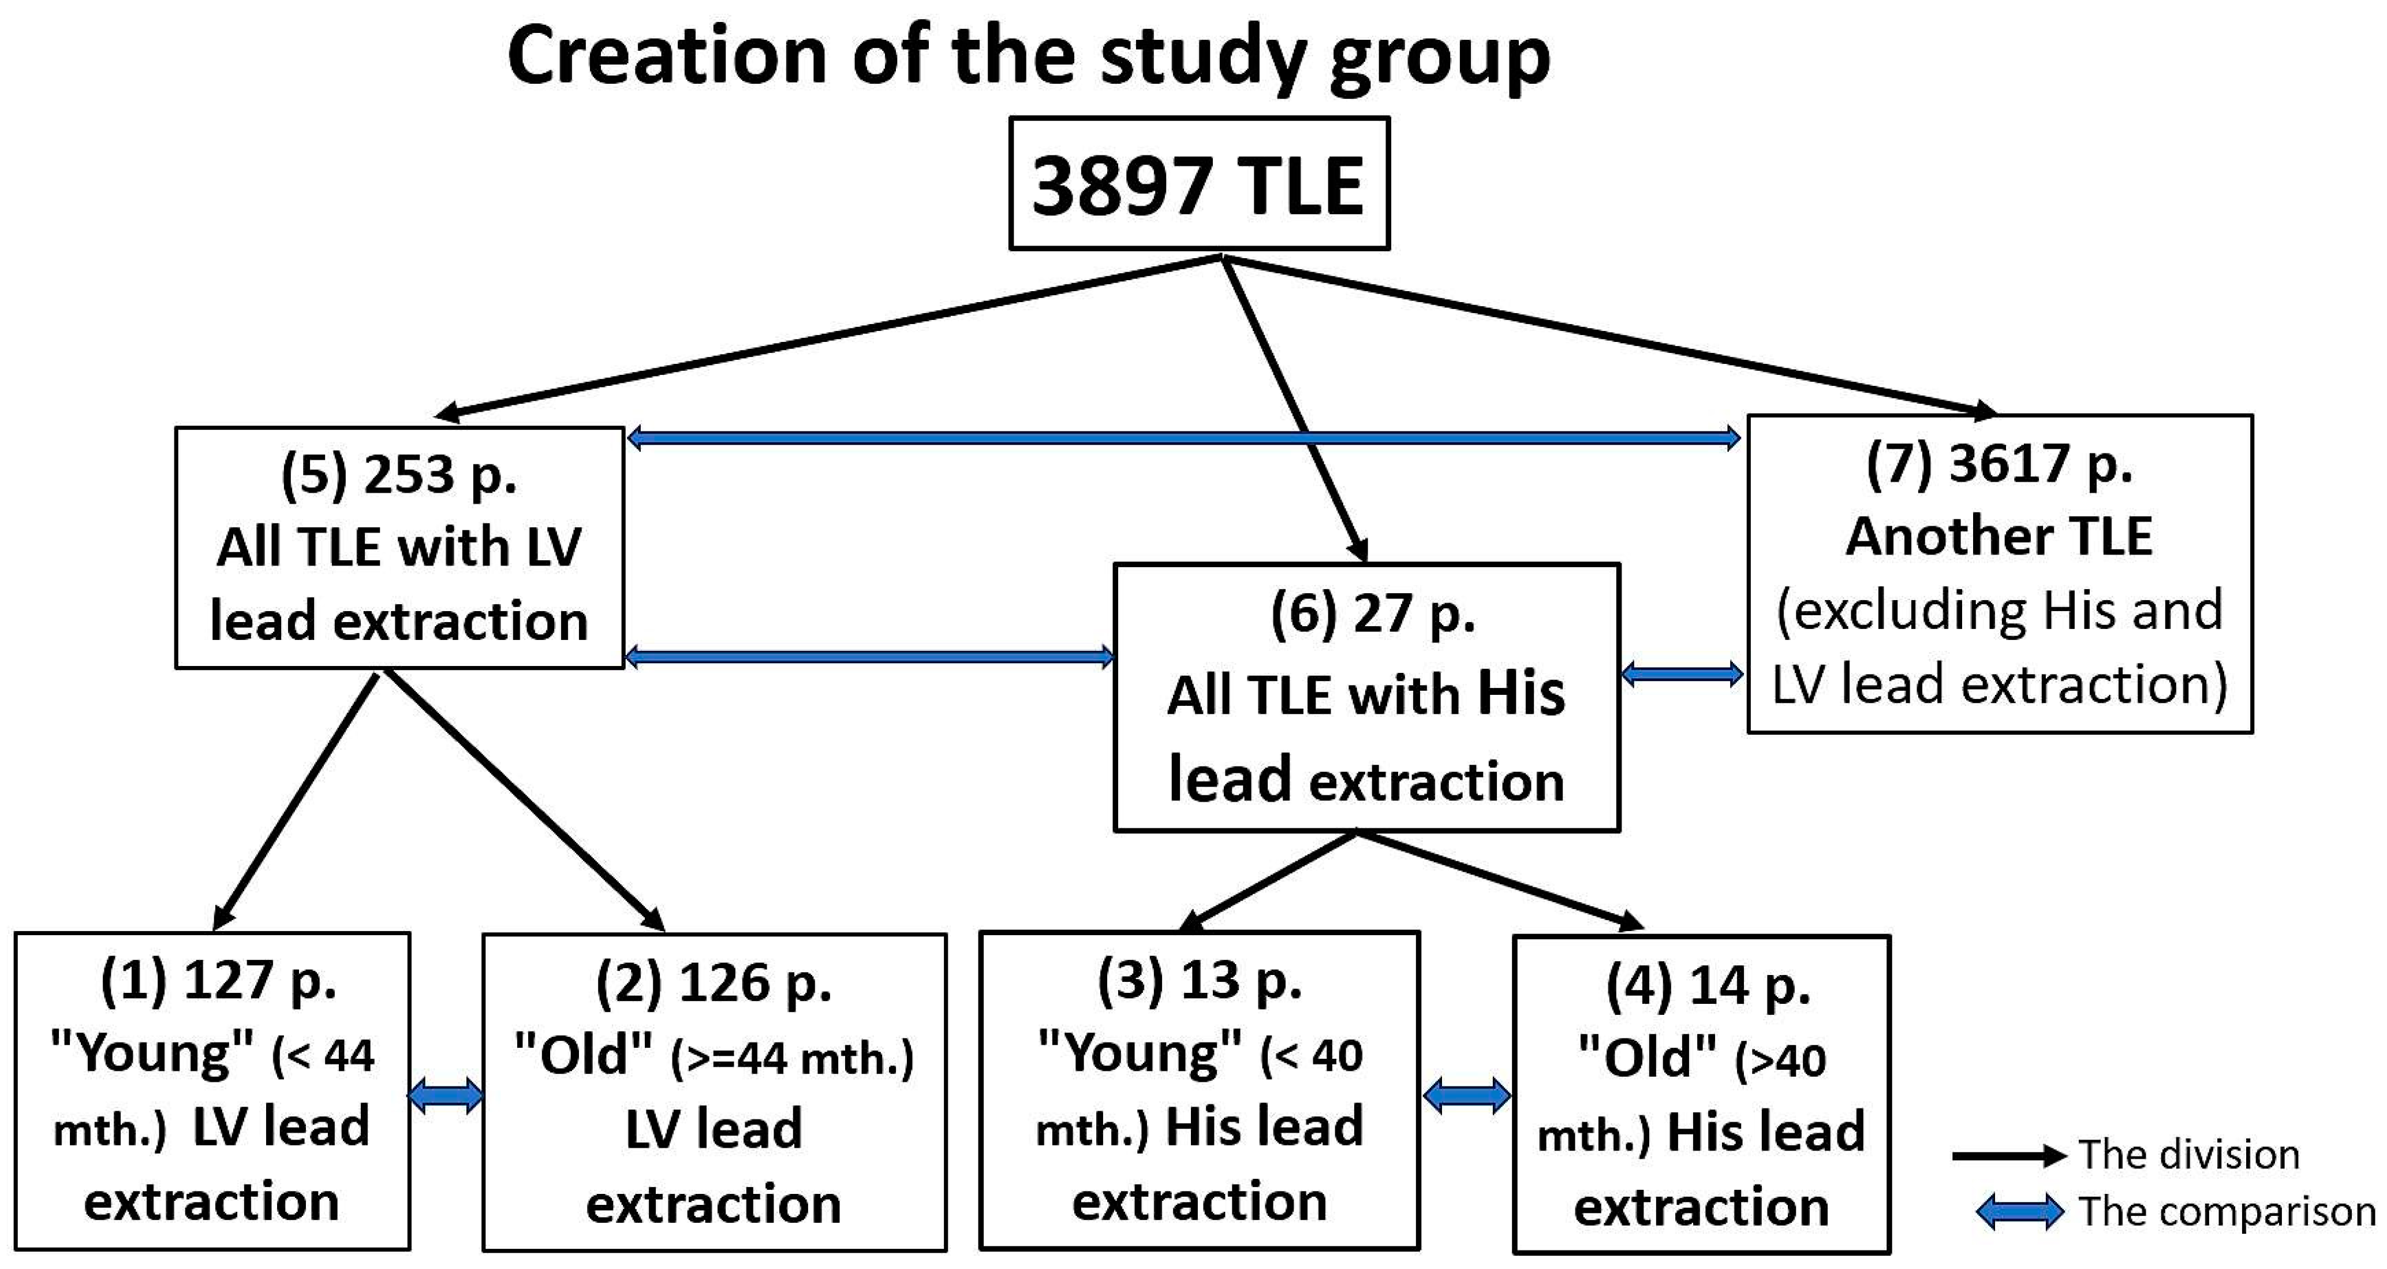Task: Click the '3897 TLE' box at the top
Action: click(1198, 184)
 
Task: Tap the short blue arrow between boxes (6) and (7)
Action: click(1682, 674)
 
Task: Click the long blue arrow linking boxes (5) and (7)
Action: click(1183, 437)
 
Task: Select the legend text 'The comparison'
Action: click(2226, 1212)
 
